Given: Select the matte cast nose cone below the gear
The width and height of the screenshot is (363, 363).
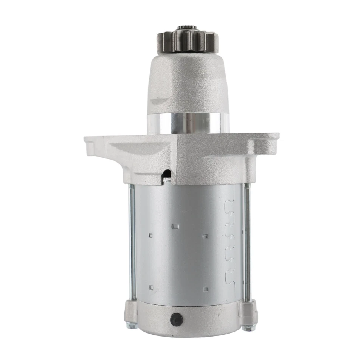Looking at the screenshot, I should point(188,83).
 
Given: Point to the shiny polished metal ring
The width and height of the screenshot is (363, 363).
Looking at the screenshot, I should point(188,123).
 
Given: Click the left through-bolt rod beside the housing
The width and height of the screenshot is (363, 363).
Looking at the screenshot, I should point(132,242).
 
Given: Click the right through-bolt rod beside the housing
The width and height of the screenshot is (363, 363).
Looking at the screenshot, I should point(247,242).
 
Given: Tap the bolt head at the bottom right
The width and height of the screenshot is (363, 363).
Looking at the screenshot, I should point(248,327).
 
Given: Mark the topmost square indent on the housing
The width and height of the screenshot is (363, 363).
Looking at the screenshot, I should point(175,226).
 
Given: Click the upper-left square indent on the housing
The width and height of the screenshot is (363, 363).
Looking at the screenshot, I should point(151,236).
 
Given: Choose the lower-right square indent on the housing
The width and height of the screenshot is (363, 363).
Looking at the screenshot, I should point(206,289).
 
